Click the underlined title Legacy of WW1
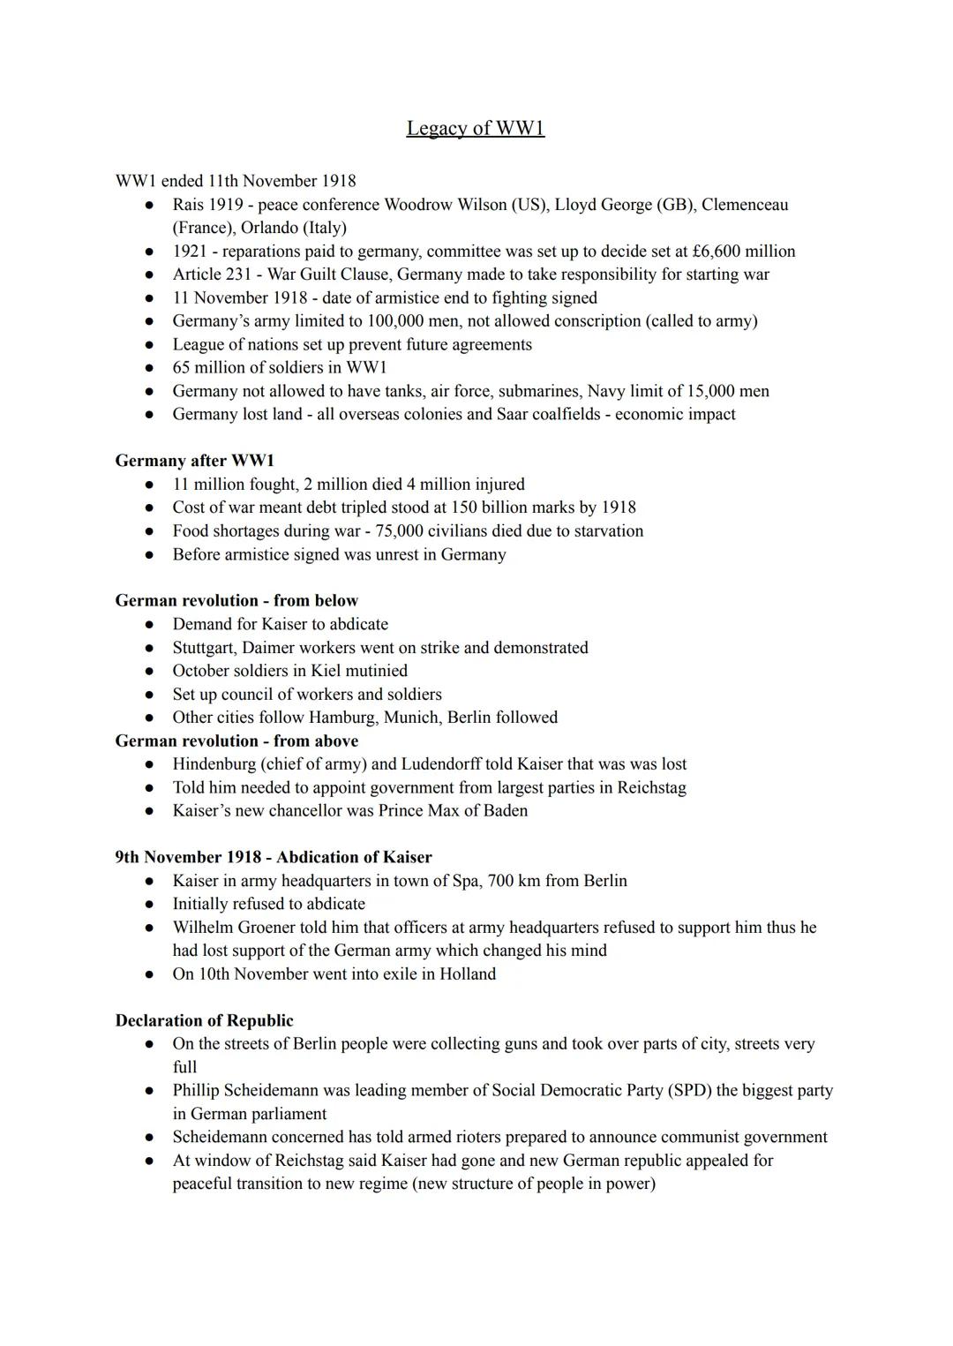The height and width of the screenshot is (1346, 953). pos(475,128)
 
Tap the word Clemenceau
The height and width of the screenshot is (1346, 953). pos(745,205)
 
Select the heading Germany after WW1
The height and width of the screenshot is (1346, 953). pos(194,461)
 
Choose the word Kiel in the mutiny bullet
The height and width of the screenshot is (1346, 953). pos(326,671)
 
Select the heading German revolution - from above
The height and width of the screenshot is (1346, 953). pos(236,741)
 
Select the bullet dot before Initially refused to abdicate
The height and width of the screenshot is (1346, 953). pos(151,905)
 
